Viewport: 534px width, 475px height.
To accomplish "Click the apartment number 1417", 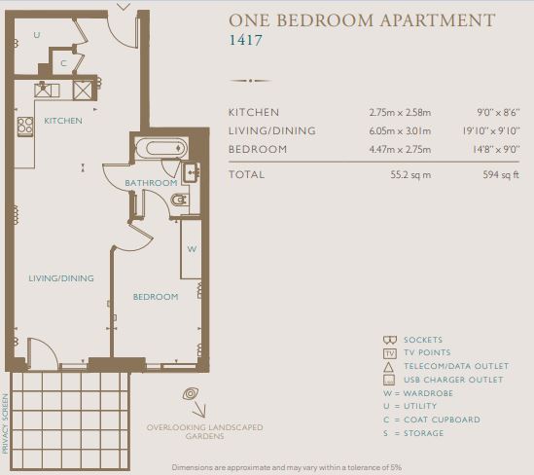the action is (x=245, y=40).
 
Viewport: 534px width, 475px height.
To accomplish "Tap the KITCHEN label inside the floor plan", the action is (x=63, y=121).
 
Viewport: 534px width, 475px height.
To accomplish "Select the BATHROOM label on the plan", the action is (x=151, y=183).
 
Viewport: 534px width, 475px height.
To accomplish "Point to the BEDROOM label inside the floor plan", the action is (x=156, y=297).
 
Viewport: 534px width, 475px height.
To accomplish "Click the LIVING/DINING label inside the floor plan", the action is (x=61, y=278).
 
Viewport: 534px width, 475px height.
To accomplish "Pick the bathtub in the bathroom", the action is (x=161, y=148).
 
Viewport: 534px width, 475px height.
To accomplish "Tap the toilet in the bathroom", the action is (x=180, y=200).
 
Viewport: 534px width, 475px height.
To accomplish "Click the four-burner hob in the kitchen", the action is (x=25, y=127).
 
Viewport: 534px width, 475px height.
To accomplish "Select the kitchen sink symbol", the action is (x=47, y=91).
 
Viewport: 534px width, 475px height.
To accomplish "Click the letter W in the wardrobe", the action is (x=192, y=249).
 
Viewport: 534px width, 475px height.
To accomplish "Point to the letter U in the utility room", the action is (x=37, y=35).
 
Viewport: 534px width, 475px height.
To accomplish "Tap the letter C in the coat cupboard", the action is (x=63, y=63).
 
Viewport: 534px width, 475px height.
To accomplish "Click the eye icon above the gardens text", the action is (x=191, y=394).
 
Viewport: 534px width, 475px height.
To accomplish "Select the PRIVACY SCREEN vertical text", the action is (x=5, y=423).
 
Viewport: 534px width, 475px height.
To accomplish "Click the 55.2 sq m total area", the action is (x=410, y=175).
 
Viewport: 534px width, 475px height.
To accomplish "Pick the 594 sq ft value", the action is (x=501, y=175).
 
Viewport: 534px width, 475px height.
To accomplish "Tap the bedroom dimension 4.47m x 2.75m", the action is (x=400, y=149).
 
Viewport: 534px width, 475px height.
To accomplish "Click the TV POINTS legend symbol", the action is (x=390, y=353).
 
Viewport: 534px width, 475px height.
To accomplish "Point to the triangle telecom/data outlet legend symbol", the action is (x=388, y=367).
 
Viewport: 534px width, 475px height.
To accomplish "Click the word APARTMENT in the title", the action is (x=438, y=20).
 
